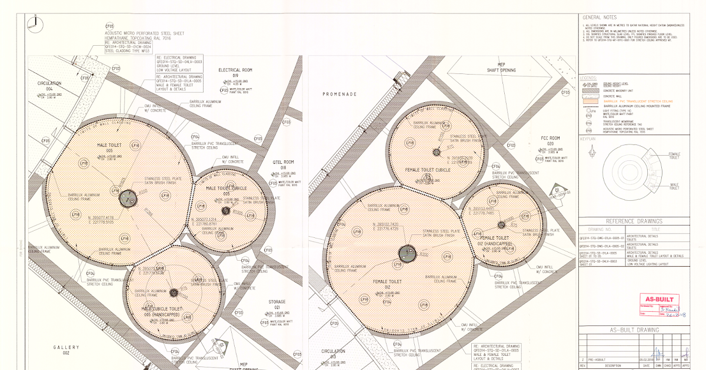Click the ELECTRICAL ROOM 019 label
pyautogui.click(x=235, y=72)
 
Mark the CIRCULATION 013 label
pyautogui.click(x=332, y=354)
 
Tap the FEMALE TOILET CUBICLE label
pyautogui.click(x=428, y=170)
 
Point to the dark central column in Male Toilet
pyautogui.click(x=127, y=199)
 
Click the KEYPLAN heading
pyautogui.click(x=588, y=140)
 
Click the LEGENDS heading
pyautogui.click(x=589, y=78)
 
